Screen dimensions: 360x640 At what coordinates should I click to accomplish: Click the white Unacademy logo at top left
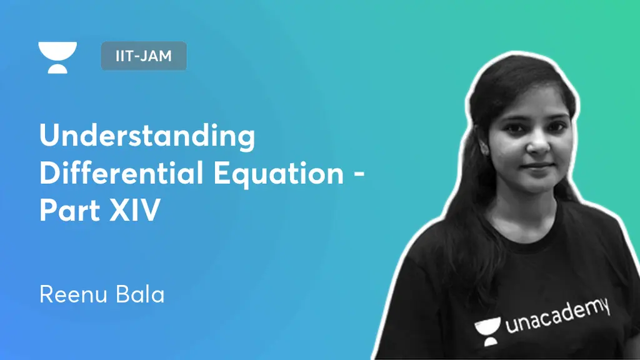[x=57, y=57]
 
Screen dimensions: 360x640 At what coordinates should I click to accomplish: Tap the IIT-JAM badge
[x=144, y=56]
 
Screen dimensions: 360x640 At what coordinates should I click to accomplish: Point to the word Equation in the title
[x=279, y=174]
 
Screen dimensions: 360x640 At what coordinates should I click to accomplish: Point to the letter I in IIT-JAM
[x=118, y=56]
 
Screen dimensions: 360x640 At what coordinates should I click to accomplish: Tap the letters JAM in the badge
[x=160, y=56]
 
